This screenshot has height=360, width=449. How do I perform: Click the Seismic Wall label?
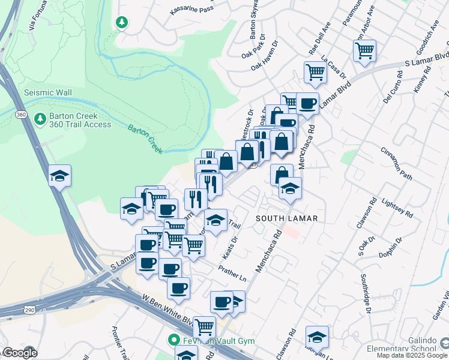point(47,92)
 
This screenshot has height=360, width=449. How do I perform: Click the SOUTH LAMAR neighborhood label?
point(286,218)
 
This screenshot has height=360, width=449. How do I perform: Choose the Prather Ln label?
point(232,274)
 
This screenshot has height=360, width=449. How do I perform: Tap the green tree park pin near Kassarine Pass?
point(122,22)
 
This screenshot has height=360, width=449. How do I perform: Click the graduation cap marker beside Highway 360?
point(60,176)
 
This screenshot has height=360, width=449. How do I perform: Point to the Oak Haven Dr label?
point(267,63)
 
